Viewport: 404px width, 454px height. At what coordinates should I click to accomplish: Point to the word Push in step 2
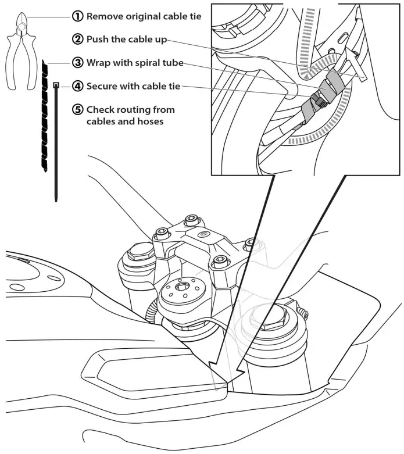click(x=98, y=40)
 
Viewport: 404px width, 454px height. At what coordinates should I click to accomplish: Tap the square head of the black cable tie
click(x=56, y=85)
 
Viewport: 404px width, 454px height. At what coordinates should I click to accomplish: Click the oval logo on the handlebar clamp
click(x=203, y=235)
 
